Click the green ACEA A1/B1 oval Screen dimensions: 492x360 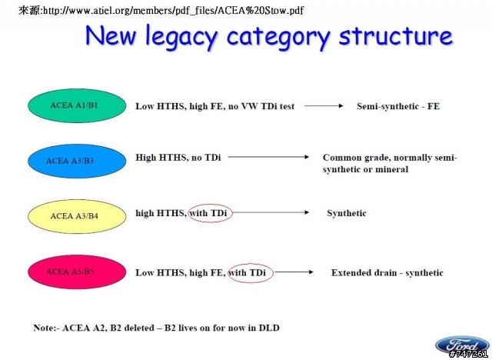(x=77, y=106)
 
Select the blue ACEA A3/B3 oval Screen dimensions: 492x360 (x=77, y=161)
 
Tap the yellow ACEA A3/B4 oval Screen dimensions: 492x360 (x=77, y=216)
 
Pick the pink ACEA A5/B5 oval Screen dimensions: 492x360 (x=77, y=272)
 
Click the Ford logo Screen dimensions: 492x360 (x=461, y=345)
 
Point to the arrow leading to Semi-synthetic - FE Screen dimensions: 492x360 (x=324, y=106)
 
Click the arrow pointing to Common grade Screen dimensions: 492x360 (x=268, y=157)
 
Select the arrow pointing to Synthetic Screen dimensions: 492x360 (x=271, y=212)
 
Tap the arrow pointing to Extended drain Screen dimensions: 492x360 (x=294, y=272)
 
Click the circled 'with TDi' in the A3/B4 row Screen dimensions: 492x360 (x=210, y=213)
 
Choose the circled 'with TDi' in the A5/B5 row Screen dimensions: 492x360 (x=251, y=273)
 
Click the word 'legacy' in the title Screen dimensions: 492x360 (x=181, y=37)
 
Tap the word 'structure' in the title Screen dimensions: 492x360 (x=396, y=35)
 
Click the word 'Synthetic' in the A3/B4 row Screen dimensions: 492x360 (x=347, y=213)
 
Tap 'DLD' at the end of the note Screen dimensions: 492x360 (x=269, y=328)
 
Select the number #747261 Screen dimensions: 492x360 (x=469, y=355)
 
